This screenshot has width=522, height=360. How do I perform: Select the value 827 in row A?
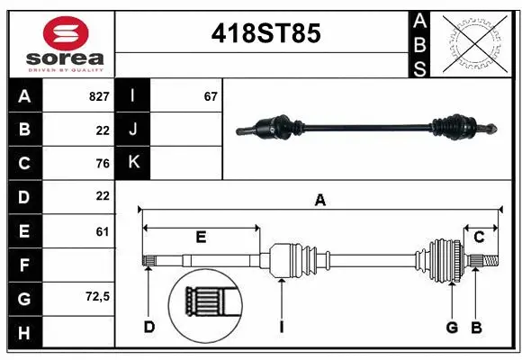[99, 95]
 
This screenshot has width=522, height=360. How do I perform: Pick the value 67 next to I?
[211, 95]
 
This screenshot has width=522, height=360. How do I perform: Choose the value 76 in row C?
[102, 163]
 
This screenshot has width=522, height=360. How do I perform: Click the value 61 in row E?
[102, 230]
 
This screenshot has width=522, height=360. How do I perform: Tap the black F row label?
[24, 265]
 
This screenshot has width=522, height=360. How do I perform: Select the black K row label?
[134, 163]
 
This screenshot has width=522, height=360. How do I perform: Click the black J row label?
[134, 129]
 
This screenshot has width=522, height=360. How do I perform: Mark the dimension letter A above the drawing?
[319, 201]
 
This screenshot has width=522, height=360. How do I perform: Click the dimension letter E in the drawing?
[202, 238]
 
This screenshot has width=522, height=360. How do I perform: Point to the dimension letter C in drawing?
[480, 238]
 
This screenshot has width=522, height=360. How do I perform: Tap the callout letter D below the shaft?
[149, 328]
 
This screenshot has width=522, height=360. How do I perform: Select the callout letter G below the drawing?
[452, 328]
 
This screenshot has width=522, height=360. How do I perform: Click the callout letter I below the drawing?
[281, 328]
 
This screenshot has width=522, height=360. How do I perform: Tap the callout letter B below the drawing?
[477, 328]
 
